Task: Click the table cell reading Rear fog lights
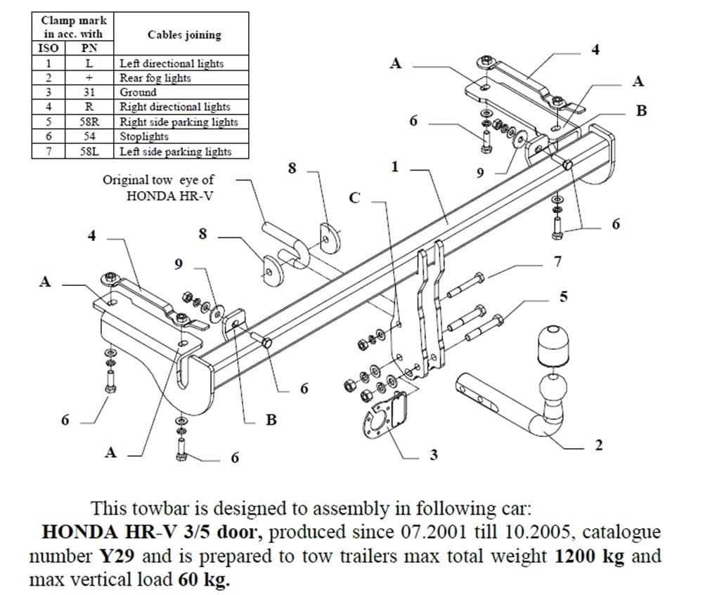point(155,78)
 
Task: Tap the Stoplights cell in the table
point(144,136)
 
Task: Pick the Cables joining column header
point(184,34)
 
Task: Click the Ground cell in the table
point(138,92)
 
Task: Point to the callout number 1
point(394,166)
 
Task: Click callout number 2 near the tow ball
point(598,445)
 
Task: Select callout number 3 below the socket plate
point(434,455)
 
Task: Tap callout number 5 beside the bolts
point(563,296)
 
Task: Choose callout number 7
point(557,262)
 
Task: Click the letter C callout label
point(354,198)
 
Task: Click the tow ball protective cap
point(553,346)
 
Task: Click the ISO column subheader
point(49,48)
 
